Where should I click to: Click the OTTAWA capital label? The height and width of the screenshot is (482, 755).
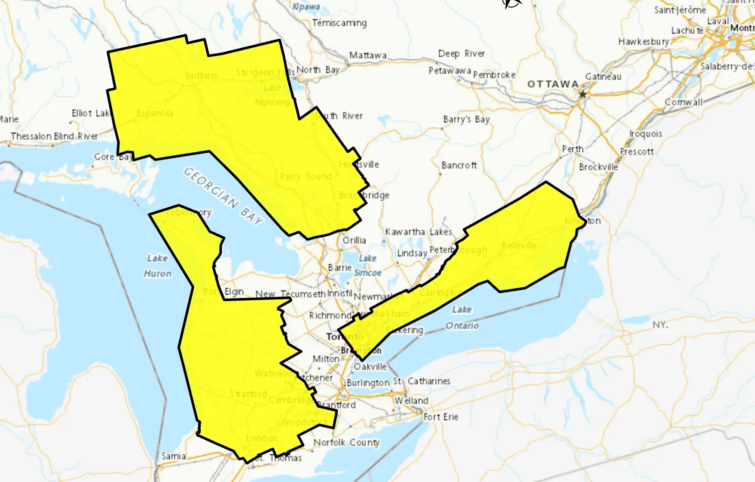coord(553,84)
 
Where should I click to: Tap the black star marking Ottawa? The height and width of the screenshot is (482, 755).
coord(582,94)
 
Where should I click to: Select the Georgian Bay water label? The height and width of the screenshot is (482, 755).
coord(223,196)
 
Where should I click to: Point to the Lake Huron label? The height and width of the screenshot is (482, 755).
coord(158,266)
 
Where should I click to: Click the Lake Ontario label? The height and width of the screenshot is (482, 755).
coord(462,317)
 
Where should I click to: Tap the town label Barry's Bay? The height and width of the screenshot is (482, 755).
coord(466,119)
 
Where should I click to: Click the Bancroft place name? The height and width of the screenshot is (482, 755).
coord(459,165)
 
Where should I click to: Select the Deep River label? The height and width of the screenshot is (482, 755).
coord(461,54)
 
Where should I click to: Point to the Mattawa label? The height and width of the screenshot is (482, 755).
coord(368,55)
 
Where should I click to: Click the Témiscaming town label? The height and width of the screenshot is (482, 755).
coord(339,23)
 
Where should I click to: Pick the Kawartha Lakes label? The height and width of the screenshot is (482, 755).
coord(418,232)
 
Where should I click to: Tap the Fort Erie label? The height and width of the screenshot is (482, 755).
coord(441,417)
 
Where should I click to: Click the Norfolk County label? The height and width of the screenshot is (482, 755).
coord(346,443)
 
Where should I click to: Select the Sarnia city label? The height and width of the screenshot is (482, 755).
coord(173,456)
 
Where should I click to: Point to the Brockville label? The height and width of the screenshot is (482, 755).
coord(598,167)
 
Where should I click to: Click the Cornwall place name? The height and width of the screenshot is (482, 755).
coord(683,102)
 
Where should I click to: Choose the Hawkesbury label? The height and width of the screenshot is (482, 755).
coord(644,42)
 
